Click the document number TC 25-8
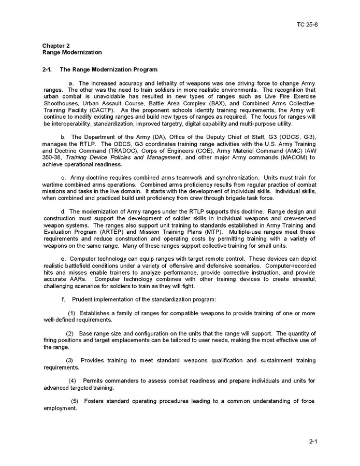pos(307,24)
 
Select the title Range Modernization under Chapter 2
pos(72,52)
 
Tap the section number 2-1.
pos(48,69)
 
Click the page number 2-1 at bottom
pos(313,442)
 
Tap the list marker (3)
pos(70,360)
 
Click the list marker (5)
pos(75,401)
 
